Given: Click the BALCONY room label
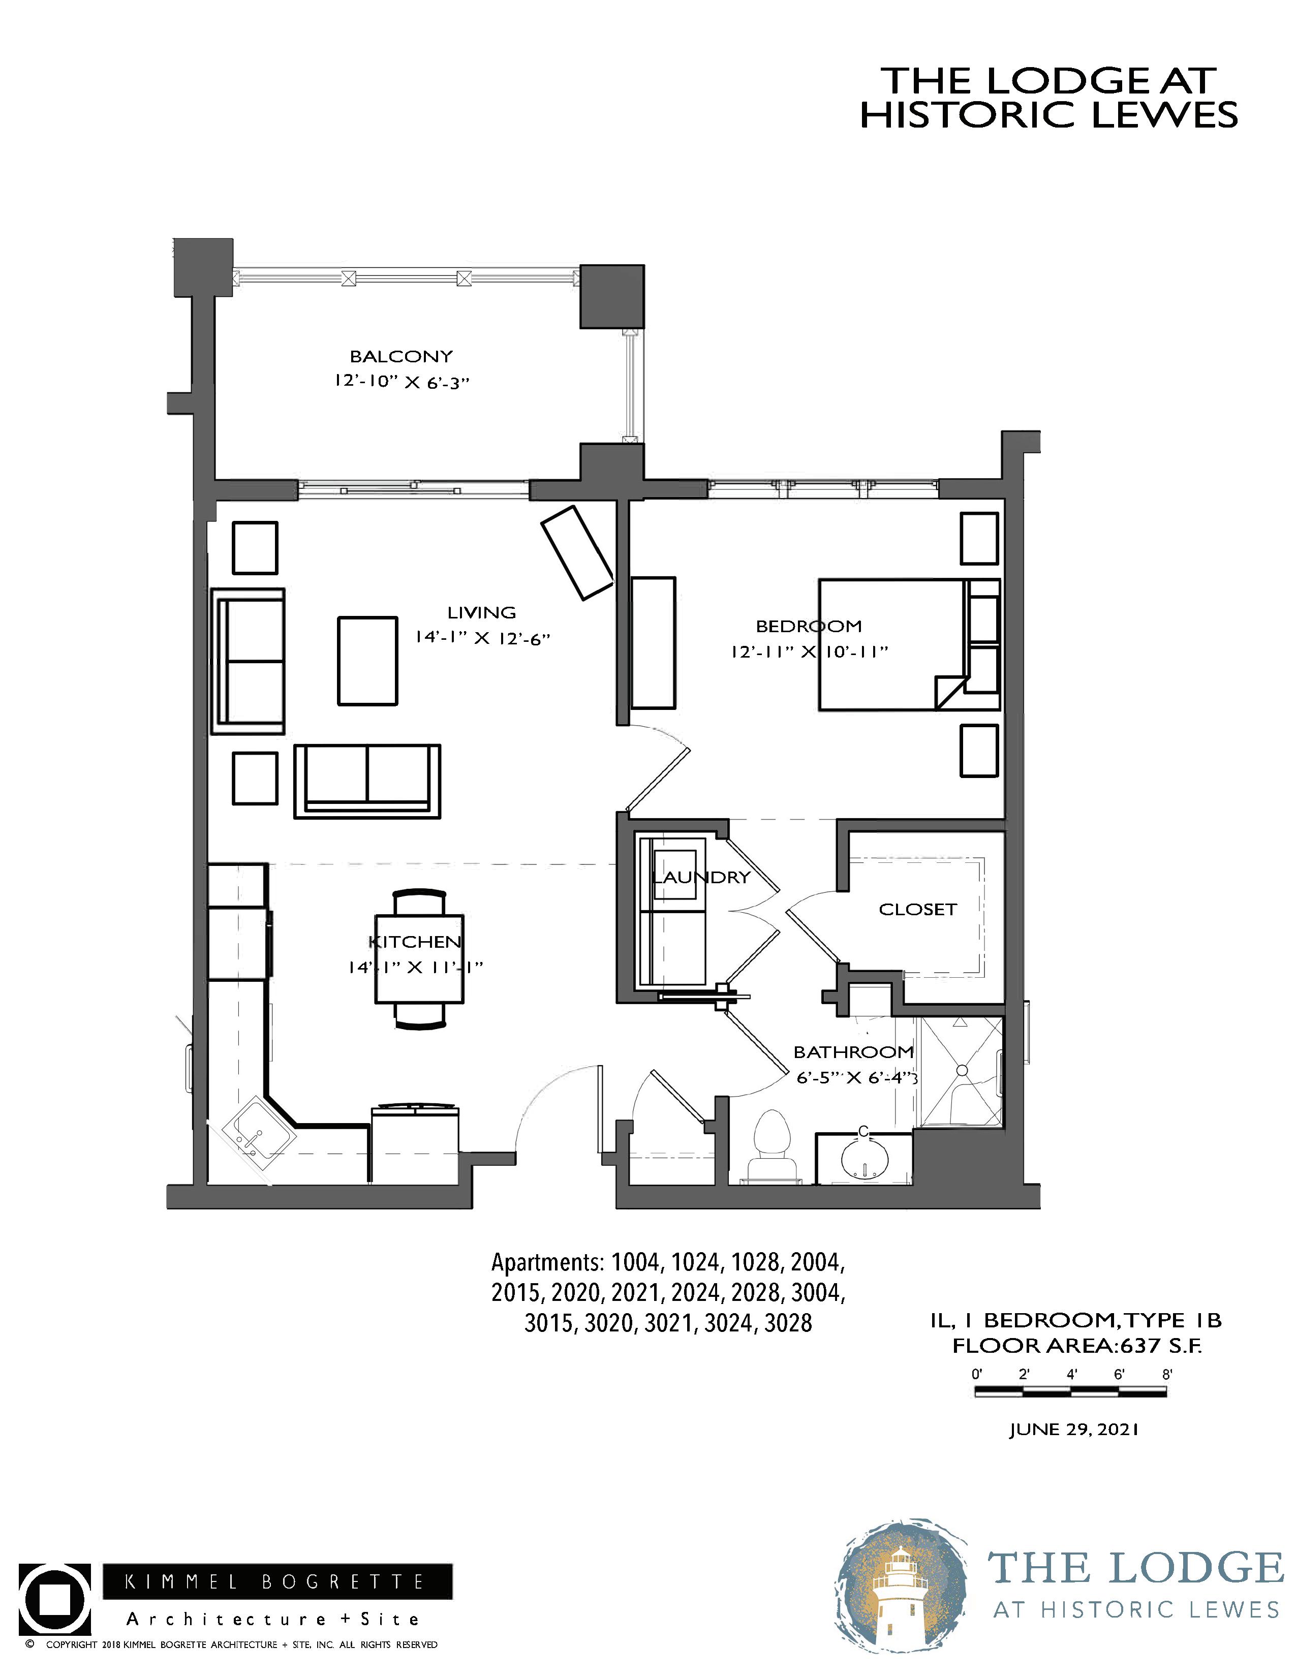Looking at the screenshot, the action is point(401,356).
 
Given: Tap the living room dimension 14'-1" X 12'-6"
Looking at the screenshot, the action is point(483,638).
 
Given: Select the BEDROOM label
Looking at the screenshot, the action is point(809,626).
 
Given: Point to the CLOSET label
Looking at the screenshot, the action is point(917,909).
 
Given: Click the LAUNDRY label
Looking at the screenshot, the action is point(701,877).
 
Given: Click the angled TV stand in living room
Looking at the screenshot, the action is point(577,552).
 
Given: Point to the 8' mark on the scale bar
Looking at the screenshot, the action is point(1167,1375).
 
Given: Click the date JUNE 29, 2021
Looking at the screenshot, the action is point(1073,1430).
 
